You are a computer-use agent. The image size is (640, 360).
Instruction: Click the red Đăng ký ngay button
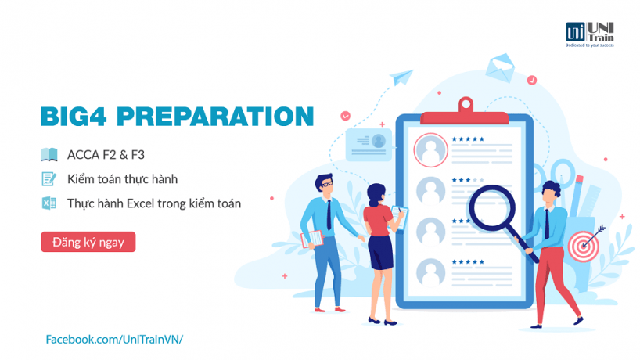coord(88,242)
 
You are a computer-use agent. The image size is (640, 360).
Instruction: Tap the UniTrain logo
coord(589,34)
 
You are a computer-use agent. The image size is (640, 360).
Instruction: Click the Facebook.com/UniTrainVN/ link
coord(114,339)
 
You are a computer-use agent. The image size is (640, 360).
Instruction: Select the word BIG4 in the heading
coord(74,117)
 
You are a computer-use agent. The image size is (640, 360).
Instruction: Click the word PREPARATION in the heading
coord(215,117)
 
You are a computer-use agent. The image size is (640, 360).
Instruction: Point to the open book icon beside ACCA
coord(49,155)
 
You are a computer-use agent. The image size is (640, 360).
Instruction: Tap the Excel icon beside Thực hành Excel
coord(49,203)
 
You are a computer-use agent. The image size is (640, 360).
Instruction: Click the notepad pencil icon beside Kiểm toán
coord(49,178)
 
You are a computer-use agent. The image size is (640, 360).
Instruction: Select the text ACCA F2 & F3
coord(106,155)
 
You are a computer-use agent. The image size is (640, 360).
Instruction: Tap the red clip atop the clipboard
coord(465,112)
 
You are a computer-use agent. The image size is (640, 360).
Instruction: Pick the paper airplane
coord(401,77)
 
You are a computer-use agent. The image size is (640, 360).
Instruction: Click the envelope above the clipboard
coord(500,67)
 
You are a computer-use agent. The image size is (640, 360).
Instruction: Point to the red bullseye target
coord(584,247)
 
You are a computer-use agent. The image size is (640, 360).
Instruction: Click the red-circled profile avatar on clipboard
coord(430,150)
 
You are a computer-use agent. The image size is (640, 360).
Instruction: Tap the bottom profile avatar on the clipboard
coord(430,272)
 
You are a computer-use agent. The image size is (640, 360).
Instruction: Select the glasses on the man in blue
coord(327,184)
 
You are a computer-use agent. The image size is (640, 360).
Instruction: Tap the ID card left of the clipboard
coord(369,144)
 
